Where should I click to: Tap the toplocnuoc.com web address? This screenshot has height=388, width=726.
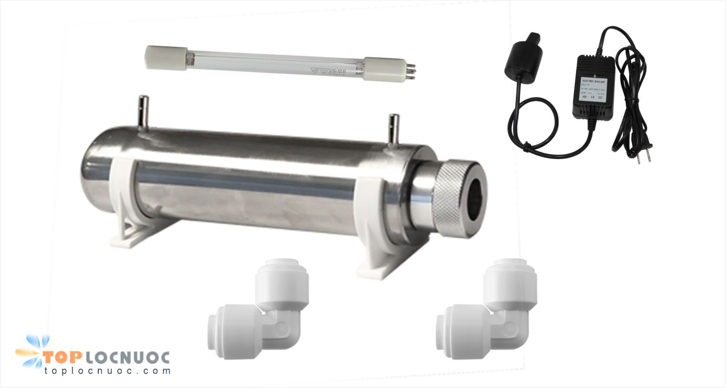tap(107, 371)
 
